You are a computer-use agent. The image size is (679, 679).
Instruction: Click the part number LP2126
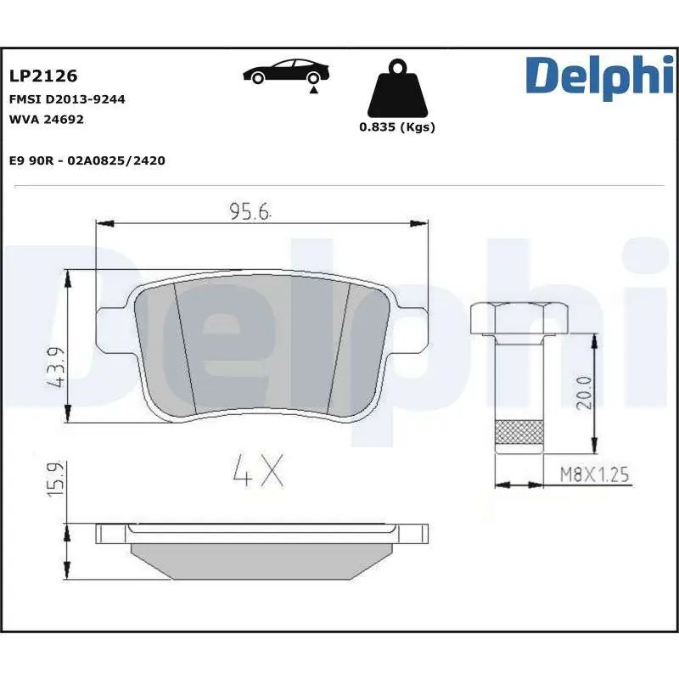coord(43,76)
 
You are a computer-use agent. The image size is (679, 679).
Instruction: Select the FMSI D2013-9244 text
coord(67,99)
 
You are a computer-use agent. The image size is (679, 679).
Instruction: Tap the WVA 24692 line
coord(46,119)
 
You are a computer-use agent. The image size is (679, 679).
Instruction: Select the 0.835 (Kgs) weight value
coord(396,127)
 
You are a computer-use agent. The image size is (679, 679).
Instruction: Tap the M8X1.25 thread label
coord(594,474)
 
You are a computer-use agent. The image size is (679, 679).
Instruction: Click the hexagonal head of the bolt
coord(518,317)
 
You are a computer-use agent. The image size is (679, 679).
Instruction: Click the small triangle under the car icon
coord(314,90)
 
